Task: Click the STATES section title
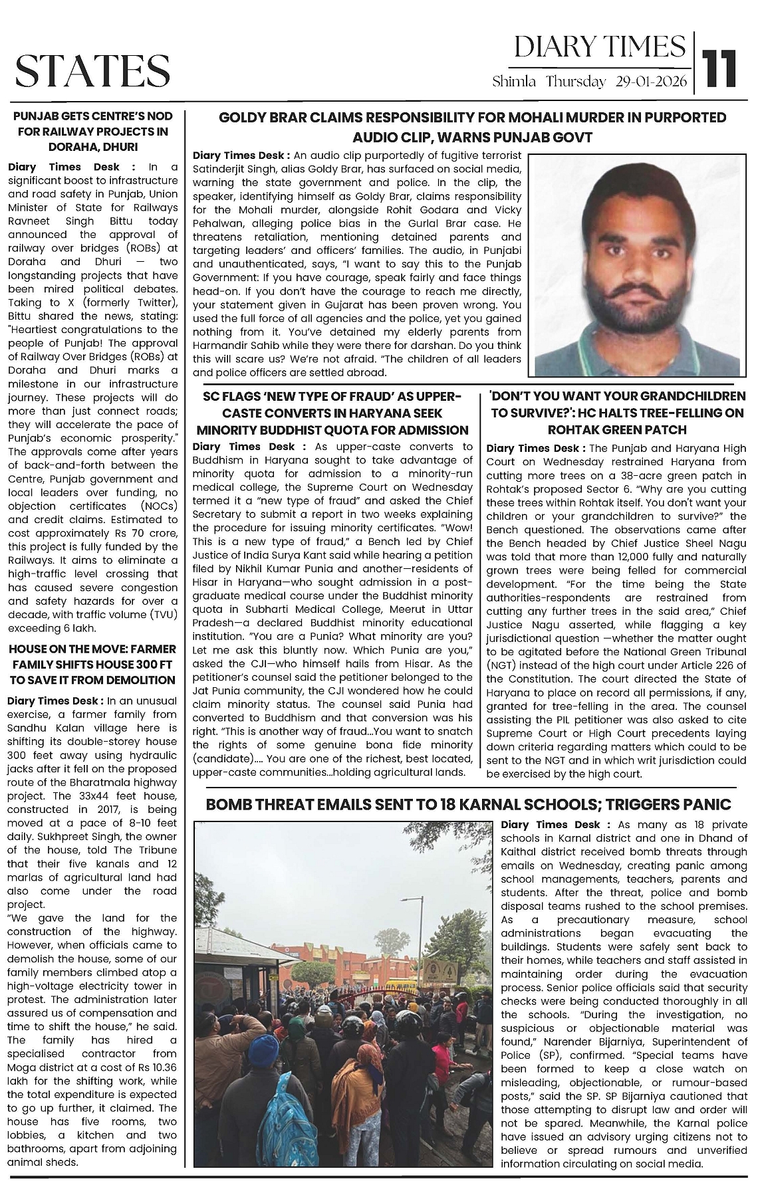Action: click(92, 70)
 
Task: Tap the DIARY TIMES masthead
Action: click(600, 47)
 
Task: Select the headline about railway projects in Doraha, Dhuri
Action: click(93, 131)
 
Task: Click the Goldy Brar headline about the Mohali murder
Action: click(472, 128)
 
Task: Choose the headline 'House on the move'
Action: click(93, 664)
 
